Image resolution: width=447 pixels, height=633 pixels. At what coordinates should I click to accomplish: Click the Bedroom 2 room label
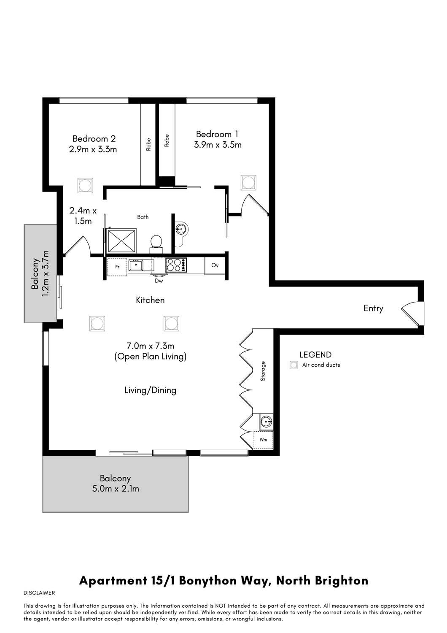point(94,138)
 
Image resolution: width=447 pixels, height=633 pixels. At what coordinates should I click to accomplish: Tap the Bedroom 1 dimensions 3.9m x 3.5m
point(218,145)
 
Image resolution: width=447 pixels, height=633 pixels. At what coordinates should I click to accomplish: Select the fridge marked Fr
point(117,267)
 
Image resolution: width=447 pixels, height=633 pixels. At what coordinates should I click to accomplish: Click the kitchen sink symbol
point(136,265)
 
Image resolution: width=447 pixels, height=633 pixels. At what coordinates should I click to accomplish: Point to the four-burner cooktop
point(175,265)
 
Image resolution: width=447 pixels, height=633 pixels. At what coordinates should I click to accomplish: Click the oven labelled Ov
point(215,265)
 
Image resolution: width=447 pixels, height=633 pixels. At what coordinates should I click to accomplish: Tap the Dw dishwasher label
point(159,281)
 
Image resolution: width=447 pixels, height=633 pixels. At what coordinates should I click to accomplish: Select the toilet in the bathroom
point(156,241)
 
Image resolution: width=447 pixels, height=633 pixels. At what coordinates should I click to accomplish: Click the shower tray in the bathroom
point(122,241)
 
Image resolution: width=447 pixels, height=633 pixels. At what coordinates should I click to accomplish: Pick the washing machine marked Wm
point(263,440)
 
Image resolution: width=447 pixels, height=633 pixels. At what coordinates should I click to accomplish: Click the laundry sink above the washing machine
point(266,421)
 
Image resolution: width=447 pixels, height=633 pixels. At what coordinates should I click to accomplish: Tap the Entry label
point(373,308)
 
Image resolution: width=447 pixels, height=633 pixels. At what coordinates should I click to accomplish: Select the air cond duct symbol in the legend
point(294,365)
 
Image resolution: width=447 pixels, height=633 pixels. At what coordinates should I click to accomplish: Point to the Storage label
point(263,371)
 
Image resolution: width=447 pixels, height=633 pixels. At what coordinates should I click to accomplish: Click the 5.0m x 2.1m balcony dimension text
point(115,489)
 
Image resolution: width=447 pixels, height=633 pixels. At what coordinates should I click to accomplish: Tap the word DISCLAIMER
point(39,593)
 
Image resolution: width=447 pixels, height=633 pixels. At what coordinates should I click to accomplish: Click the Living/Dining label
point(150,390)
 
